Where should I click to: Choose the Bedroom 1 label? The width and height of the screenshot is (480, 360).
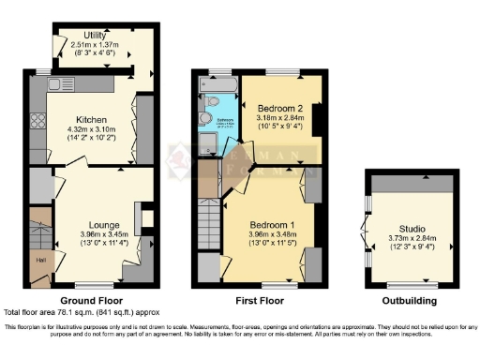(273, 225)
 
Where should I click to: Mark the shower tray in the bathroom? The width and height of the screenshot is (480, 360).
(208, 143)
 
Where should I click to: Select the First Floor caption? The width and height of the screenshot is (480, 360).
(259, 300)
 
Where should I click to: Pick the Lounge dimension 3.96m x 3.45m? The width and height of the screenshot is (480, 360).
(103, 236)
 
